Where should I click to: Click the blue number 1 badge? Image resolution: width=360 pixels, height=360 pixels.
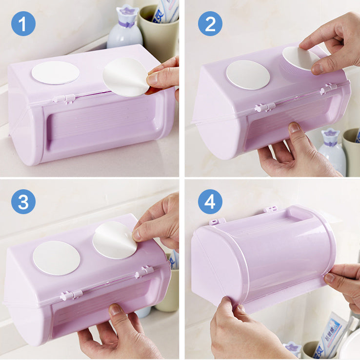[23, 23]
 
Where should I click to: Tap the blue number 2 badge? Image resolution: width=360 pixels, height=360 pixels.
[210, 23]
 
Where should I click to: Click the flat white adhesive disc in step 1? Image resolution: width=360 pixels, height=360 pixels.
[55, 72]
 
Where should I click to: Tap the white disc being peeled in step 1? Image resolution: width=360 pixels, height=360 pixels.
[124, 77]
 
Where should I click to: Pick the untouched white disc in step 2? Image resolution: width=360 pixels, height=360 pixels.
[248, 75]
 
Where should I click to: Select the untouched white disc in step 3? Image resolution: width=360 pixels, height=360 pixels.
[56, 257]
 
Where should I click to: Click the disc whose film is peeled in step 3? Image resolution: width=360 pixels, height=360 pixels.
[115, 240]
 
